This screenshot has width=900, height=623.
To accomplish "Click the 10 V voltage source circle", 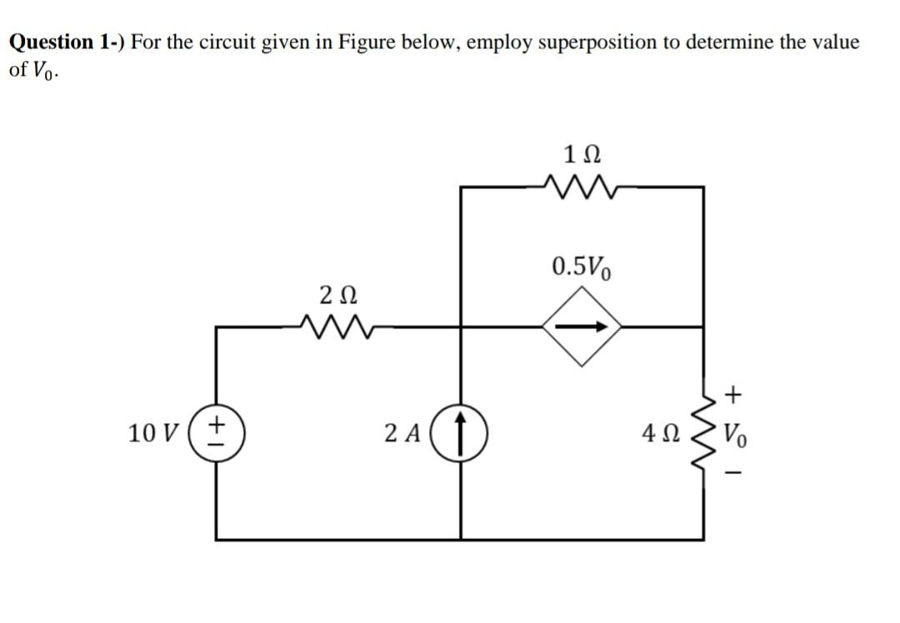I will pyautogui.click(x=217, y=433).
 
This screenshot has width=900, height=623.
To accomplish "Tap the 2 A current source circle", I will pyautogui.click(x=462, y=433).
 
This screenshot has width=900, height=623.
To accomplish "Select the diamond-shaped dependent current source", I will pyautogui.click(x=582, y=327).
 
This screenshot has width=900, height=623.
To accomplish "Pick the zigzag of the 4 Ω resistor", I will pyautogui.click(x=702, y=434).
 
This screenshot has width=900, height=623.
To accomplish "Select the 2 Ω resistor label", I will pyautogui.click(x=339, y=295).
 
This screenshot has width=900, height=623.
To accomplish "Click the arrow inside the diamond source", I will pyautogui.click(x=582, y=327).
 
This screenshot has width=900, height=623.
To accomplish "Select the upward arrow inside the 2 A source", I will pyautogui.click(x=462, y=433).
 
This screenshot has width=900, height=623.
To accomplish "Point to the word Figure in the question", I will pyautogui.click(x=367, y=42).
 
